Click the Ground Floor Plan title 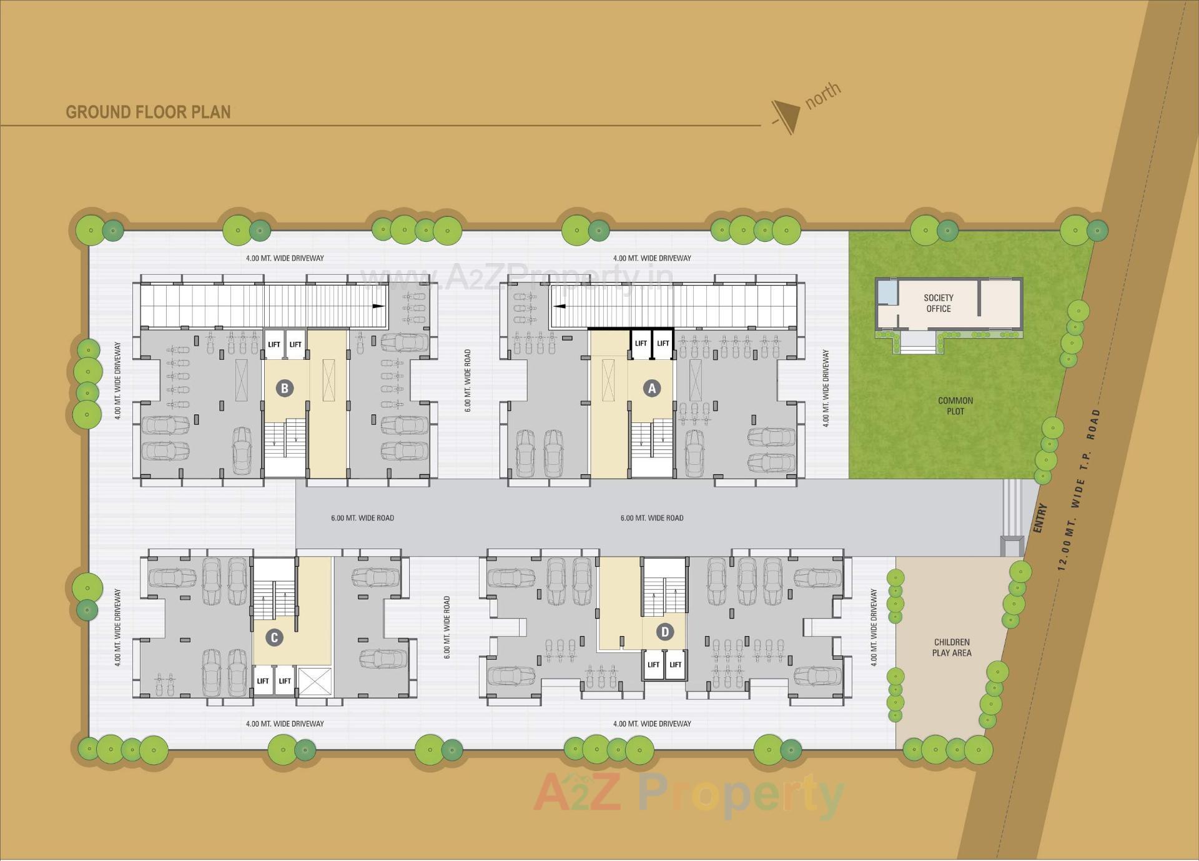tap(148, 112)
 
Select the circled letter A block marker tap(652, 388)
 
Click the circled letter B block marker tap(284, 388)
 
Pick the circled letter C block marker tap(274, 637)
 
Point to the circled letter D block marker tap(664, 632)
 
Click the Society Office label tap(938, 303)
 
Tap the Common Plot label tap(955, 406)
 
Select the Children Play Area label tap(951, 647)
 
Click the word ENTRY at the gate tap(1039, 518)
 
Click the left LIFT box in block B tap(274, 344)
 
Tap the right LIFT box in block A tap(663, 343)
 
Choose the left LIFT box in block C tap(263, 680)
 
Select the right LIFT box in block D tap(675, 664)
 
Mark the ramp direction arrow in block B tap(378, 306)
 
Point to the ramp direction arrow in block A tap(560, 306)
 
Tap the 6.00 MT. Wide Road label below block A tap(651, 518)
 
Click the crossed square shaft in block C tap(315, 681)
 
